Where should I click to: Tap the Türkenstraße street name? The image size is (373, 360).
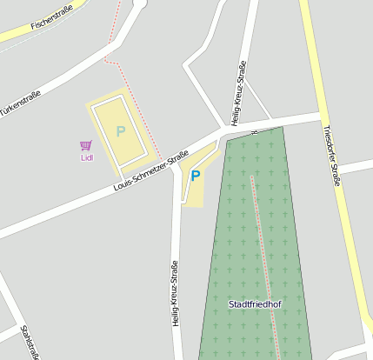click(23, 102)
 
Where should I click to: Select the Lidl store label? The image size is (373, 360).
click(87, 157)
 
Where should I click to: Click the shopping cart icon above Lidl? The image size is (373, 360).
click(86, 146)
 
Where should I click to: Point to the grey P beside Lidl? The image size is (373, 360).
click(120, 131)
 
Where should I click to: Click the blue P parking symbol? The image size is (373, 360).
click(196, 176)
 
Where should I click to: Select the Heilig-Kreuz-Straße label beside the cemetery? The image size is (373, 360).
click(175, 293)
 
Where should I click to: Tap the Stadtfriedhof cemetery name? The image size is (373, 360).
click(255, 304)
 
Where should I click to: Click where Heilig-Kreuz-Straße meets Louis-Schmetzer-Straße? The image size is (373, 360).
click(225, 130)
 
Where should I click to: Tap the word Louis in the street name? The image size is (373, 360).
click(124, 186)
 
